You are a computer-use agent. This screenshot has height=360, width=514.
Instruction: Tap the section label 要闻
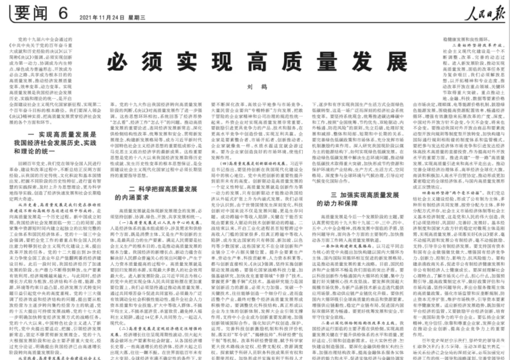point(28,13)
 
